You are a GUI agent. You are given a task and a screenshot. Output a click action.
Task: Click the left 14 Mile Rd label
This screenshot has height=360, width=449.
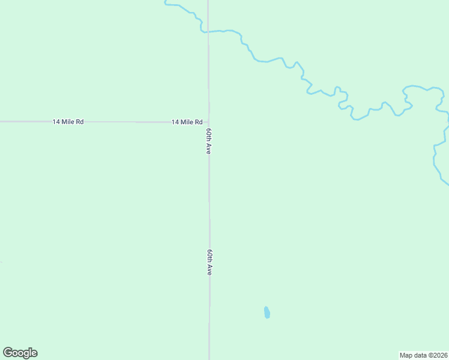click(68, 122)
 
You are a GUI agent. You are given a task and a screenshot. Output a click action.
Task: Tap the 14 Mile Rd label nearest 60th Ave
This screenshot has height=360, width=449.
click(187, 122)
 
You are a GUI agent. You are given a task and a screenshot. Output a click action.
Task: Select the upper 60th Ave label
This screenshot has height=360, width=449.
click(209, 142)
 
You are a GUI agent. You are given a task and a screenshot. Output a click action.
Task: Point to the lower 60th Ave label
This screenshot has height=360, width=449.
click(209, 263)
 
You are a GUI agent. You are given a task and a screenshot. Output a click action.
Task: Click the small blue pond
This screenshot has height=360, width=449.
click(267, 313)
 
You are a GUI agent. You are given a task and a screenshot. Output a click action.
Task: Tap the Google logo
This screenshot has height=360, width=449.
click(20, 353)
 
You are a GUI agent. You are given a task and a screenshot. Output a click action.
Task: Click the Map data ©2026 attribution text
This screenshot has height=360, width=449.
click(423, 355)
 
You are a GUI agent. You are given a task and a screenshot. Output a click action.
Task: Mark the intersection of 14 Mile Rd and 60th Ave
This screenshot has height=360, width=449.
click(209, 122)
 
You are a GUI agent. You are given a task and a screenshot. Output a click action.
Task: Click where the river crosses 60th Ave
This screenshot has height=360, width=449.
click(208, 31)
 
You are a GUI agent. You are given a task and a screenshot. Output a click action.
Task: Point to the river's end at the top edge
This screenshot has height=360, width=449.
click(166, 2)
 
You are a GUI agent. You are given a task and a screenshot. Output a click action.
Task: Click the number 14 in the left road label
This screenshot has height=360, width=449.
click(56, 122)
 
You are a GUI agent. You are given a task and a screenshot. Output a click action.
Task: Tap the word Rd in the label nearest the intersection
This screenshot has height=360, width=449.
click(198, 122)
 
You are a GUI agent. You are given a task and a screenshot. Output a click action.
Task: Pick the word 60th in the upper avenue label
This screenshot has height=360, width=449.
click(209, 135)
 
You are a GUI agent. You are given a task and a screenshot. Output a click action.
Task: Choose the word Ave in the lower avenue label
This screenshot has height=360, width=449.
click(209, 270)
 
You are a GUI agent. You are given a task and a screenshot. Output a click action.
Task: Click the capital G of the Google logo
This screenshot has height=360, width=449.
click(8, 352)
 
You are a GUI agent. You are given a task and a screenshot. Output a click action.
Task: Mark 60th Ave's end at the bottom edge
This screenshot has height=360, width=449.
click(209, 358)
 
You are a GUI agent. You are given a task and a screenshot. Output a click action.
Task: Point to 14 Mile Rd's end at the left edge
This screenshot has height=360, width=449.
click(1, 122)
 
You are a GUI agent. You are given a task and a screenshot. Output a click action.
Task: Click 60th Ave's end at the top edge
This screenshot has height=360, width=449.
click(208, 1)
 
